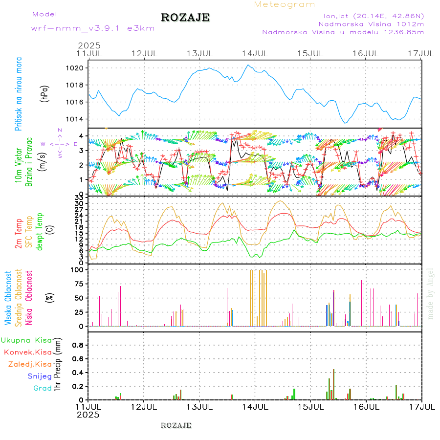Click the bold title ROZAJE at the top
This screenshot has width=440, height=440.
[x=185, y=18]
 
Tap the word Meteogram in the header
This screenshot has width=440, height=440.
[x=285, y=4]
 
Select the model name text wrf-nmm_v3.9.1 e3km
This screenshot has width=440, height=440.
[x=93, y=28]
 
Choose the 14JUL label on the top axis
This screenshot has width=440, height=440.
[x=255, y=53]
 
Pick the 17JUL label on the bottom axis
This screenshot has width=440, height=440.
[x=421, y=406]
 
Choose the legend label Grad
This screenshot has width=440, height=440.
[x=43, y=388]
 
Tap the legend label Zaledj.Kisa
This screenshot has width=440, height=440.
[x=30, y=364]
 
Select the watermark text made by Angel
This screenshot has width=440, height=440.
[x=431, y=293]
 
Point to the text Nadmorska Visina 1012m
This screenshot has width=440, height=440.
[x=371, y=23]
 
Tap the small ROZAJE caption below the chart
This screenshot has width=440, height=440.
[x=176, y=425]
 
